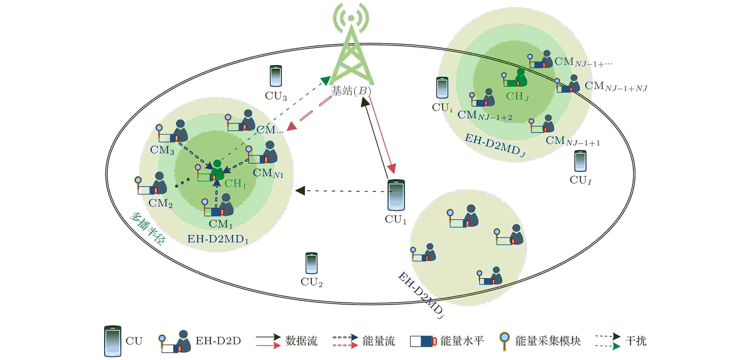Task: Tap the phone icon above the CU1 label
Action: (396, 195)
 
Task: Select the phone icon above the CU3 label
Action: (275, 76)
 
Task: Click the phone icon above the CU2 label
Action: (311, 263)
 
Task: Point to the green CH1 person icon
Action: (217, 170)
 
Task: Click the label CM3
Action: (162, 150)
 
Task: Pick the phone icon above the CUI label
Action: (580, 161)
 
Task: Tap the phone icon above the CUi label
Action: (442, 88)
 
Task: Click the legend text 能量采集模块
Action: (548, 341)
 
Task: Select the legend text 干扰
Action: (636, 341)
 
